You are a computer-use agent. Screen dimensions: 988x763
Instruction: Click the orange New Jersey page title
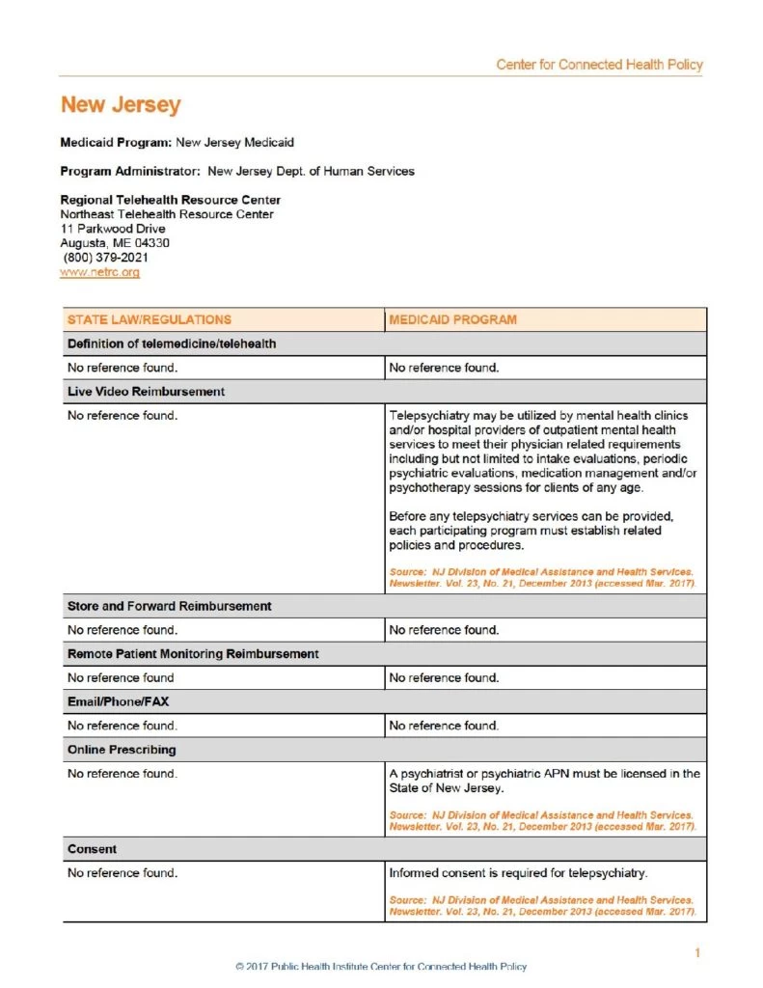pos(121,105)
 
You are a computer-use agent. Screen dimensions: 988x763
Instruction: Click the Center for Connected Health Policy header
pos(599,65)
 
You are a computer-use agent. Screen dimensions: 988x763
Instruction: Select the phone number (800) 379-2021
pos(106,258)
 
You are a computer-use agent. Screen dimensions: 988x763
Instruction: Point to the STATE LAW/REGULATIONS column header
pos(150,319)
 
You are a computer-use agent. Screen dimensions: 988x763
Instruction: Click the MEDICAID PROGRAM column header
pos(452,319)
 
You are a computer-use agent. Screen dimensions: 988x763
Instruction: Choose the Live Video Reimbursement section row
pos(146,392)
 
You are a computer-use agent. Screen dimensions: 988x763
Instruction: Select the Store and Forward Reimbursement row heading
pos(169,606)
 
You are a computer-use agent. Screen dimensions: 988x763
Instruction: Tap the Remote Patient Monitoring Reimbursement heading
pos(193,654)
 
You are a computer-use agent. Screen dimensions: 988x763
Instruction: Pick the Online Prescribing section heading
pos(122,750)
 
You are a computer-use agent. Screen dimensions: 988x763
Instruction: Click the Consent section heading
pos(92,849)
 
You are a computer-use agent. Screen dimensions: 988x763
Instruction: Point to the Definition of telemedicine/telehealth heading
pos(172,344)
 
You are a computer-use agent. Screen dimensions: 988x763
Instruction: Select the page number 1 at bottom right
pos(696,953)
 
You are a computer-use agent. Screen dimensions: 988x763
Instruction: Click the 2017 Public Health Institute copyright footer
pos(381,967)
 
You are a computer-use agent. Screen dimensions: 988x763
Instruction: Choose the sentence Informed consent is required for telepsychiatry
pos(517,873)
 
